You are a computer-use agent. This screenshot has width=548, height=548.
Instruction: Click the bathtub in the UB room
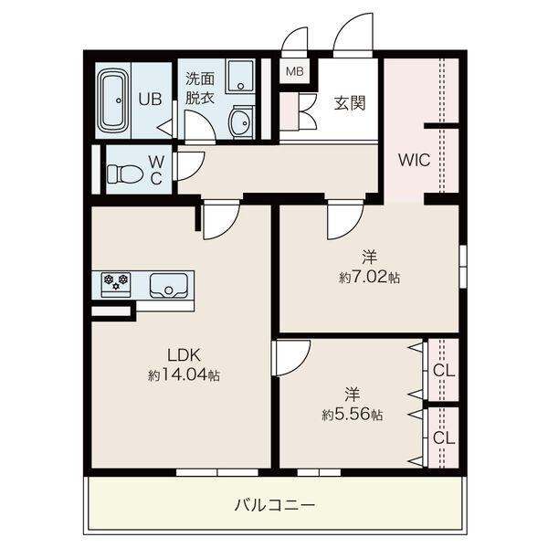pyautogui.click(x=113, y=100)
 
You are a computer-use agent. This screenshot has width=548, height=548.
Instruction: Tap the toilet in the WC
pyautogui.click(x=125, y=174)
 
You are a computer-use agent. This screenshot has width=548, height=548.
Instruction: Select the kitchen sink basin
pyautogui.click(x=168, y=286)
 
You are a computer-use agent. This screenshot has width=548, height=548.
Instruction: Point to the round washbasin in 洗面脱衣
pyautogui.click(x=240, y=122)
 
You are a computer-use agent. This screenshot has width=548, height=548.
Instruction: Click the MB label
pyautogui.click(x=295, y=71)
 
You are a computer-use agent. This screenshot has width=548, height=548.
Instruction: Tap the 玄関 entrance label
pyautogui.click(x=350, y=103)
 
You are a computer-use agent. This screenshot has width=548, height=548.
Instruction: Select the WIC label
pyautogui.click(x=414, y=160)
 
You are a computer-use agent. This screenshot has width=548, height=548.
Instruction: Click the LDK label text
pyautogui.click(x=184, y=355)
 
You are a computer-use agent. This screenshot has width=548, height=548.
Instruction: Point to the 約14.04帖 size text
pyautogui.click(x=184, y=375)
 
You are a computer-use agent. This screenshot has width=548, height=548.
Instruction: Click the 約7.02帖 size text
pyautogui.click(x=369, y=277)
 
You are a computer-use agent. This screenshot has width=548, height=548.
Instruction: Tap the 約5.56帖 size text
pyautogui.click(x=353, y=415)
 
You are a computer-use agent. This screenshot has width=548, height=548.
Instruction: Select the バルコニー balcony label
pyautogui.click(x=275, y=505)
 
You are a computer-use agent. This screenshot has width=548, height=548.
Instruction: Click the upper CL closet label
pyautogui.click(x=444, y=371)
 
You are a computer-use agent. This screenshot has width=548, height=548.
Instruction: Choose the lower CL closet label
pyautogui.click(x=444, y=437)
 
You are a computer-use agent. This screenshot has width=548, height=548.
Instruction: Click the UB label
pyautogui.click(x=150, y=100)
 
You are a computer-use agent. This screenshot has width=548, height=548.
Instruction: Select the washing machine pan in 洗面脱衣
pyautogui.click(x=240, y=77)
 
